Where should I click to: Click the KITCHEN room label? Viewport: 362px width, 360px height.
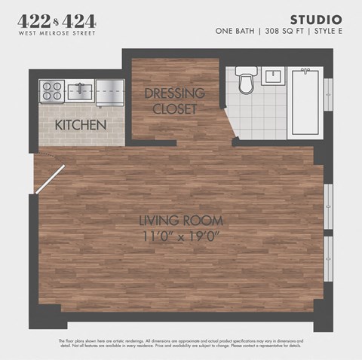pos(80,124)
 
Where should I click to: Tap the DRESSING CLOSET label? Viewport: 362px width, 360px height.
pos(174,101)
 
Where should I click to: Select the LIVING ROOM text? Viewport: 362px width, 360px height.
pos(181,220)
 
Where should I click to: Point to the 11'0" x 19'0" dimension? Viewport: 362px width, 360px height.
pos(181,235)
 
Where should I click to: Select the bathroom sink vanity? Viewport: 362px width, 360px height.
pos(272,75)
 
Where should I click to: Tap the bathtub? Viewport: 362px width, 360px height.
pos(305,101)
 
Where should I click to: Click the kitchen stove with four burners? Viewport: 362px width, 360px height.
pos(52,91)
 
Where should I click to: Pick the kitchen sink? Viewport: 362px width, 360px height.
pos(79,91)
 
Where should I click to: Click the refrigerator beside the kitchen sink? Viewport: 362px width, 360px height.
pos(109,91)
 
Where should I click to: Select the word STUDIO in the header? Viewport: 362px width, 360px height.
pos(316,20)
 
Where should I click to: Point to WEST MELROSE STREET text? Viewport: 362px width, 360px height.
pos(56,33)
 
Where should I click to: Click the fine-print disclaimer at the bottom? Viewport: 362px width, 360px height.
pos(181,343)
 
